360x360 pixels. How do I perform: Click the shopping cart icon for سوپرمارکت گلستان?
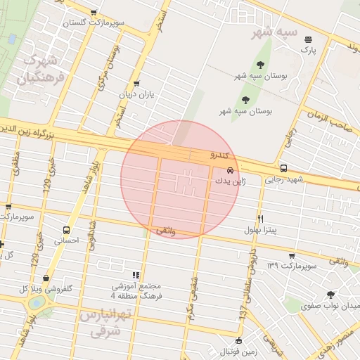pos(94,13)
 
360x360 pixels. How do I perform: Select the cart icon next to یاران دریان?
pos(136,83)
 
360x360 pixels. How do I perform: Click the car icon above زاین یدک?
pos(231,170)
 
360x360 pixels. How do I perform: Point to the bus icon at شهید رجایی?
pos(283,169)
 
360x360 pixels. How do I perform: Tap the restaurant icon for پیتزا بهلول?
pos(260,219)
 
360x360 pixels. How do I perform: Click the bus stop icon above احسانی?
pos(67,230)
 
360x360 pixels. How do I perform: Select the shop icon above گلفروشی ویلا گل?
pos(46,278)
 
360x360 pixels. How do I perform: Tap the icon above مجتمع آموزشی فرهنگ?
pos(136,275)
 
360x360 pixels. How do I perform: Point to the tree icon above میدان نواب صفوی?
pos(330,295)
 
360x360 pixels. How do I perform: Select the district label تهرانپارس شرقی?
pos(105,323)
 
